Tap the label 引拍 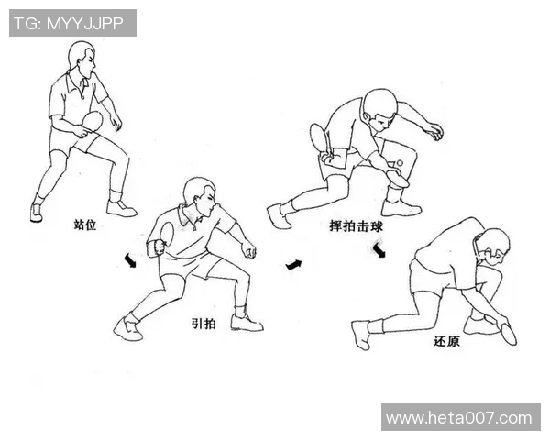coord(203,323)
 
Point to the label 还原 coord(446,341)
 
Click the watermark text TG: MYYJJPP coord(72,23)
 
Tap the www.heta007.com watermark coord(459,418)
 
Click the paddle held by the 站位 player coord(92,123)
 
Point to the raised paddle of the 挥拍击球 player coord(320,138)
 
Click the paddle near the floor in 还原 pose coord(506,331)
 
